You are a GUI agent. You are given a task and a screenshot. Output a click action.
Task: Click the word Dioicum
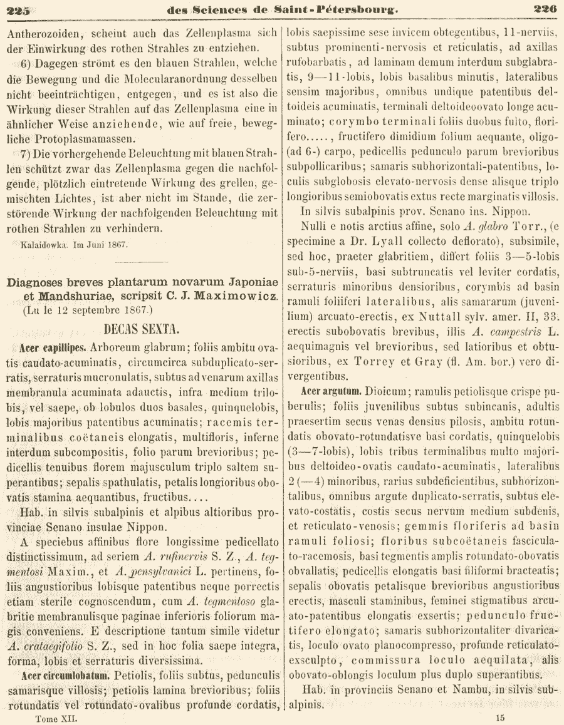pyautogui.click(x=384, y=391)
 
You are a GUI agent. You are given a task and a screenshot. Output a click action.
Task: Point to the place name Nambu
pyautogui.click(x=444, y=691)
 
